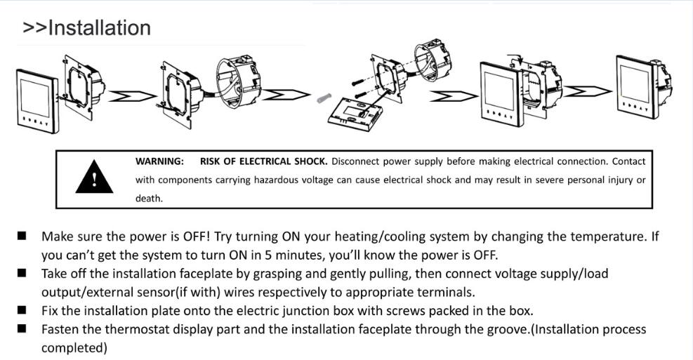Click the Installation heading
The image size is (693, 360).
tap(86, 28)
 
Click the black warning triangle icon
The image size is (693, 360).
tap(94, 177)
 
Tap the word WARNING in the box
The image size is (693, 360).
tap(159, 161)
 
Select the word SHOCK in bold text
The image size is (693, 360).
tap(311, 161)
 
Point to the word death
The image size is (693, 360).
tap(149, 199)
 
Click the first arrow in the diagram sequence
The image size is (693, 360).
tap(133, 96)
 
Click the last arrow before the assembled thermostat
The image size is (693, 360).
tap(588, 91)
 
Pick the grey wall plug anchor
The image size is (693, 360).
tap(324, 98)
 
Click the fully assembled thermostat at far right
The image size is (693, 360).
tap(644, 86)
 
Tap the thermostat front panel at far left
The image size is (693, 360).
tap(37, 101)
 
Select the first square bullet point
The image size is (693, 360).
tap(22, 236)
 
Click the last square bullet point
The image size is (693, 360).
tap(22, 328)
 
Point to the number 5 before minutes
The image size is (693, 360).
tap(268, 255)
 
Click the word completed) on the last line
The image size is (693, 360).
tap(74, 348)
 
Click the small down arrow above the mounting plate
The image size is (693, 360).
tap(521, 59)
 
